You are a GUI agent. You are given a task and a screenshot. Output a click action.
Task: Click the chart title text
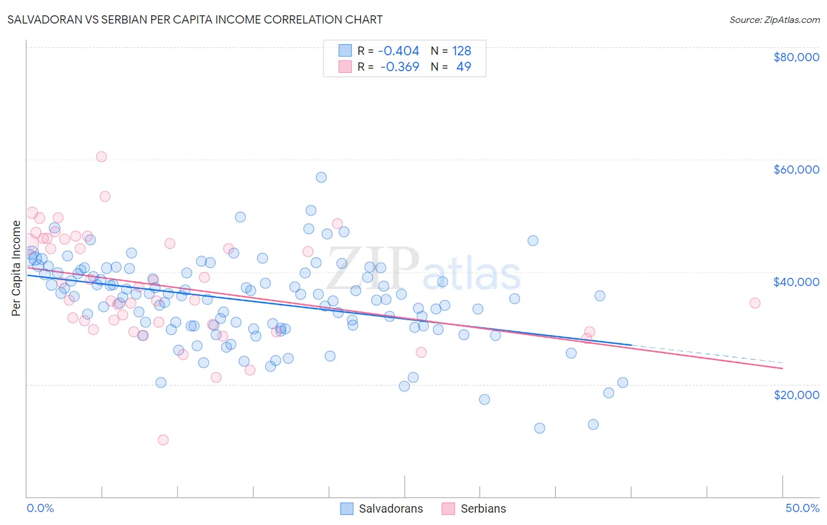[195, 19]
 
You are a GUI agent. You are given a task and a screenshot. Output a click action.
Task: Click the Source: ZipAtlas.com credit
[774, 19]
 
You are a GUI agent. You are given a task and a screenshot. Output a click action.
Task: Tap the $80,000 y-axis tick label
[796, 57]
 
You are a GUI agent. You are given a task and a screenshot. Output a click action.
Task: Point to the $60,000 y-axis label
[796, 170]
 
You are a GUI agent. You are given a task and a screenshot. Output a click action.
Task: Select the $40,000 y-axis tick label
[796, 282]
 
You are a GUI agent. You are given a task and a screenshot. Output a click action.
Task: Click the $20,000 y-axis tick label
[796, 394]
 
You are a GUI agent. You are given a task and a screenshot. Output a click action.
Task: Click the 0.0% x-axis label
[40, 508]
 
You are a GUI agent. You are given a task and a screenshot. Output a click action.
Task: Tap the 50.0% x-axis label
[802, 508]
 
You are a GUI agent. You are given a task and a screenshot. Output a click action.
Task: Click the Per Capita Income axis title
[16, 268]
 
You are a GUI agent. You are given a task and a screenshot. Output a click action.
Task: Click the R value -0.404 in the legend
[398, 51]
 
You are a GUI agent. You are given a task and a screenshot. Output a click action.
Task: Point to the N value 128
[461, 51]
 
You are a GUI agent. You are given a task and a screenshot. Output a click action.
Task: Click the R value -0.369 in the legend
[399, 67]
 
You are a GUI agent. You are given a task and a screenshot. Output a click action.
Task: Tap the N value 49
[463, 67]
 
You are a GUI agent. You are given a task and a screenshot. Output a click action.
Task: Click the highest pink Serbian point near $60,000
[101, 157]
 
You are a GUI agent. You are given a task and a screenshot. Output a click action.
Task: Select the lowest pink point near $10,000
[163, 440]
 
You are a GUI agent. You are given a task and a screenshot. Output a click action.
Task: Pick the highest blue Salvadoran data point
[321, 177]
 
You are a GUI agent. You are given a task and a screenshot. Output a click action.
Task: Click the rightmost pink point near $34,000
[755, 303]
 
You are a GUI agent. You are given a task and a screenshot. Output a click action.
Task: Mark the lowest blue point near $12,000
[539, 428]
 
